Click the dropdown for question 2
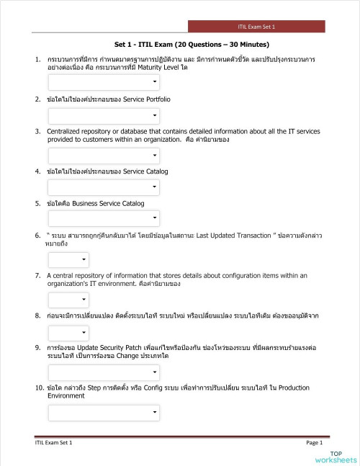pos(104,116)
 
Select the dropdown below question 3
pos(104,156)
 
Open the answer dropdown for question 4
pos(104,187)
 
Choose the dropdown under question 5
pos(104,218)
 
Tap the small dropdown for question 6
pos(68,259)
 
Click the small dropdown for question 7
pos(68,299)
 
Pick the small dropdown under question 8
pos(68,332)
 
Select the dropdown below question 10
pos(104,412)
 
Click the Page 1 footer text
pos(314,442)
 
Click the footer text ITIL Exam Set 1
pos(53,442)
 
